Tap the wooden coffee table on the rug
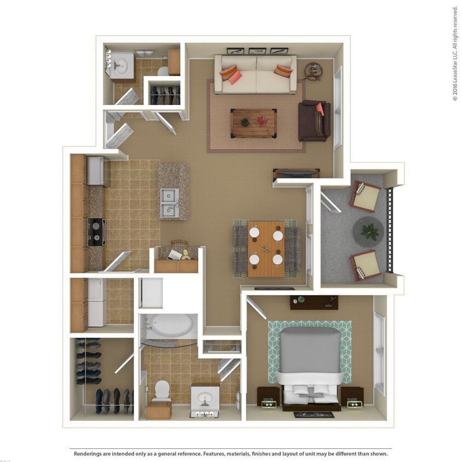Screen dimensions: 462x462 click(x=253, y=123)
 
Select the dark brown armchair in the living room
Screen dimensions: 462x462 click(x=314, y=121)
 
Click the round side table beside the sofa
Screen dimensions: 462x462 click(x=313, y=71)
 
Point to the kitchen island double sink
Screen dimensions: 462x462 click(x=169, y=203)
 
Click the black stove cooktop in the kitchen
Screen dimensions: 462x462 click(x=96, y=232)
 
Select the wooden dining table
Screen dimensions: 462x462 click(x=266, y=249)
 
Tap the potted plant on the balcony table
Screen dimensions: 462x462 click(x=370, y=231)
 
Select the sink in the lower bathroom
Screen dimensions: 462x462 click(x=205, y=399)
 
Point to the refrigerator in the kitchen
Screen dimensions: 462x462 click(x=97, y=171)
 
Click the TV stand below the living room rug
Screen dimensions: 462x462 click(x=296, y=174)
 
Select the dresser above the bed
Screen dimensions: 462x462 click(x=314, y=302)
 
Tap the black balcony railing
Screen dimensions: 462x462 click(x=390, y=230)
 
